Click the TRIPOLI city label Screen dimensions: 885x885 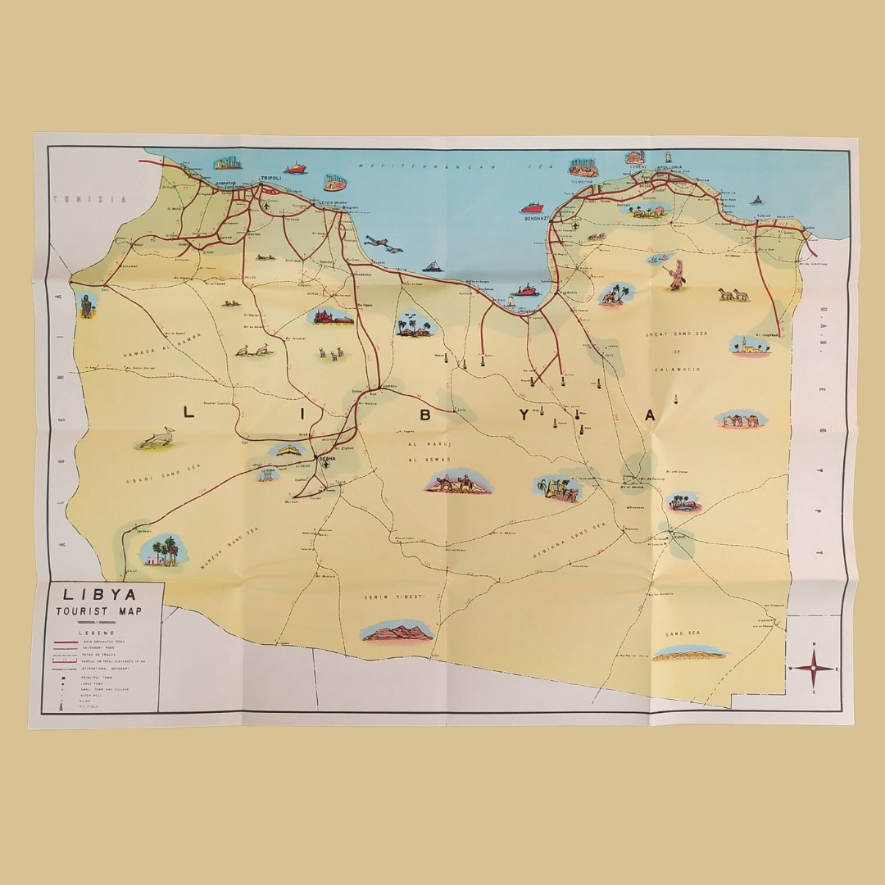click(270, 177)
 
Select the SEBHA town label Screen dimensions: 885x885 click(328, 458)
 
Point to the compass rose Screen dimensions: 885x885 click(814, 669)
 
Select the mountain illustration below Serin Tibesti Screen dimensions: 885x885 click(397, 630)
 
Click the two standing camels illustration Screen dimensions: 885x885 click(733, 294)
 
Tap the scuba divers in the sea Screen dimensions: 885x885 click(383, 243)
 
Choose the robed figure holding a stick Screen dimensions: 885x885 click(676, 275)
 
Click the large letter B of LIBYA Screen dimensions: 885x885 click(424, 415)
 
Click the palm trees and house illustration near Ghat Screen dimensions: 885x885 click(161, 551)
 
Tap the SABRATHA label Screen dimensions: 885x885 click(225, 183)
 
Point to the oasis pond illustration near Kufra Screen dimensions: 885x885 click(683, 501)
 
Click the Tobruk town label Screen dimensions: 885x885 click(765, 216)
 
